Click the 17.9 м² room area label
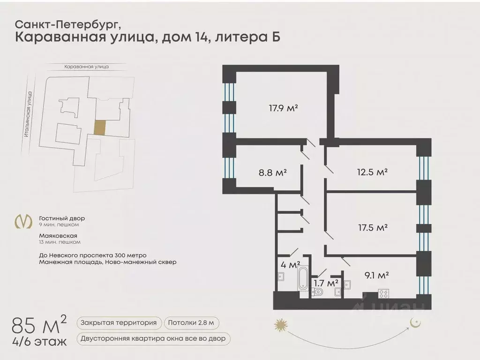coord(284,108)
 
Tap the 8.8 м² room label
coord(272,172)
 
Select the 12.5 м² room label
coord(372,172)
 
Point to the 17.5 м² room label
coord(373,227)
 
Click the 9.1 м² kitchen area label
coord(376,275)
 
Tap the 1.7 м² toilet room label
coord(326,283)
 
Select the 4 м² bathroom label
coord(290,264)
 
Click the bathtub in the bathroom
coord(303,279)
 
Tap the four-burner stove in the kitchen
coord(383,293)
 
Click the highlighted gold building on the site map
coord(100,127)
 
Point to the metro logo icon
coord(23,221)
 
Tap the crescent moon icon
coord(415,322)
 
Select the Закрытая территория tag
coord(119,322)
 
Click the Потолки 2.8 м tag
coord(191,322)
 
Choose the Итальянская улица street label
coord(28,114)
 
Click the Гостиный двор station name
coord(62,218)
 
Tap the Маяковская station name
coord(58,236)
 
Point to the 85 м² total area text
coord(39,325)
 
